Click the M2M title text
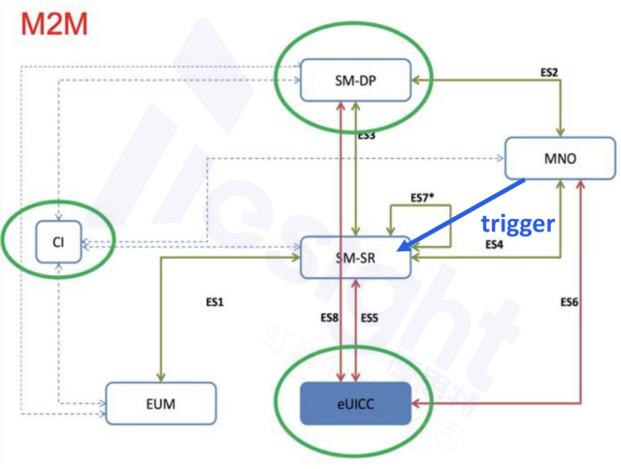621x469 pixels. (x=48, y=23)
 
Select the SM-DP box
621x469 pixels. (x=353, y=78)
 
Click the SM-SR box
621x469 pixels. (x=355, y=257)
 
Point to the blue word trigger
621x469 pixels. (x=518, y=224)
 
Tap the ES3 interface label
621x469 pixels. (x=366, y=137)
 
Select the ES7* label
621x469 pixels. (x=420, y=197)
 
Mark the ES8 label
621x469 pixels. (x=330, y=318)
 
